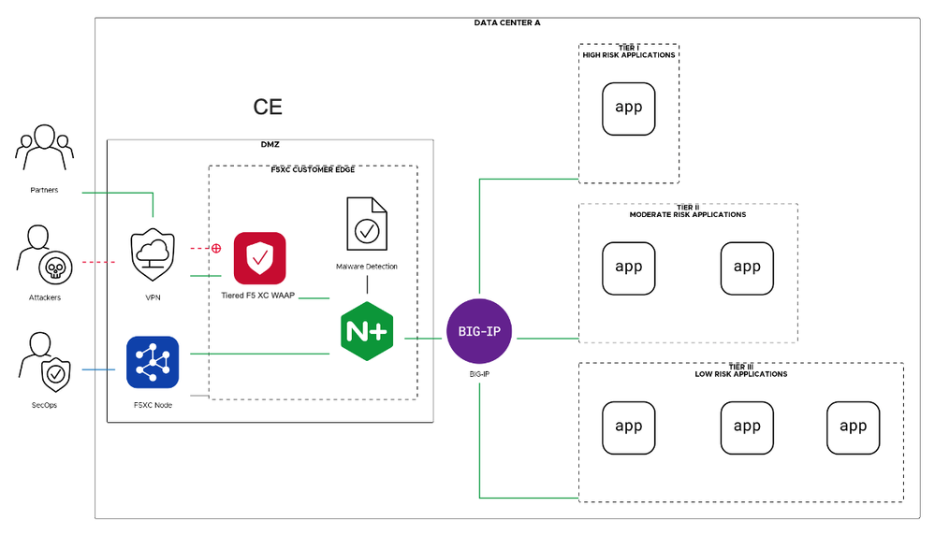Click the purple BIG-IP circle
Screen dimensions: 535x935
click(x=480, y=330)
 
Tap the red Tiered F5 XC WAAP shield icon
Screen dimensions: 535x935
click(x=259, y=257)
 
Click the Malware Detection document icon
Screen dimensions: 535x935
click(x=366, y=224)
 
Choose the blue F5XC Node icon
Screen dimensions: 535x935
click(x=153, y=362)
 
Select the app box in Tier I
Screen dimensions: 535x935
click(x=628, y=107)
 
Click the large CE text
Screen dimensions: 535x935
click(x=268, y=108)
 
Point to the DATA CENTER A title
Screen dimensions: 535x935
click(x=507, y=22)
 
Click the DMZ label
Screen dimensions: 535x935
click(x=270, y=145)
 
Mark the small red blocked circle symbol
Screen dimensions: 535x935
click(x=216, y=249)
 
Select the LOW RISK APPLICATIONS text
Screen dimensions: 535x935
click(x=740, y=374)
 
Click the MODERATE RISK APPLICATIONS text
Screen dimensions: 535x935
click(x=688, y=214)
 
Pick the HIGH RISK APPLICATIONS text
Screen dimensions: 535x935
click(x=628, y=55)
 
